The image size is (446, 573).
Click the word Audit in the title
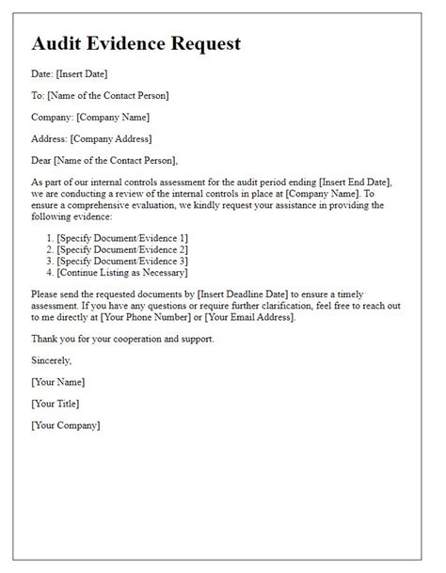[62, 43]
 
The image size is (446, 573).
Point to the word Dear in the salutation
[43, 160]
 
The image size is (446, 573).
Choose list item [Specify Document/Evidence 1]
[121, 237]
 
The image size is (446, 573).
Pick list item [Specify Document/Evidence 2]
[121, 249]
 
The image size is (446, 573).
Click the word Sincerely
[54, 360]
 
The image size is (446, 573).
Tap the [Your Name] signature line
[58, 382]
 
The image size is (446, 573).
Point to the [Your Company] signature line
[66, 425]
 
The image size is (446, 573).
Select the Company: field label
[53, 117]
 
